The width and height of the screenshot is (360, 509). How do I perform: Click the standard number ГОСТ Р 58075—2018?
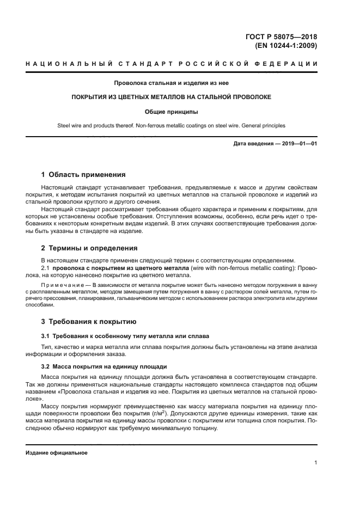pos(282,37)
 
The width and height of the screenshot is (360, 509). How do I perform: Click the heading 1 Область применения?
pos(84,175)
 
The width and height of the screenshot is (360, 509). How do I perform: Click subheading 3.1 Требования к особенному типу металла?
pos(126,335)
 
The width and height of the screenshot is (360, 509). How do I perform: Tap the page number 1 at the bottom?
pos(316,463)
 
